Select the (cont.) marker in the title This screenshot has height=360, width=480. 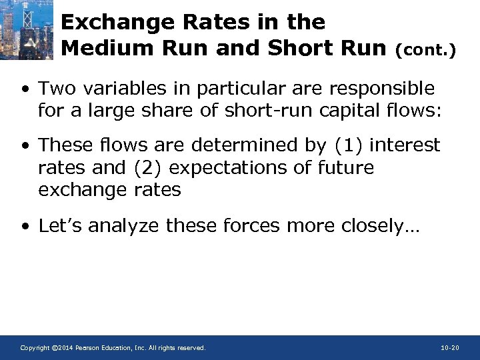click(426, 50)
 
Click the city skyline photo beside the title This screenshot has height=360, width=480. click(27, 30)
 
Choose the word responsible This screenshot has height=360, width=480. click(376, 88)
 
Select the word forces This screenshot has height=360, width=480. click(251, 225)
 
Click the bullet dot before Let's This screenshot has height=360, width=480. click(25, 227)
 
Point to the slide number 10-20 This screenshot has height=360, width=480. click(450, 348)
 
